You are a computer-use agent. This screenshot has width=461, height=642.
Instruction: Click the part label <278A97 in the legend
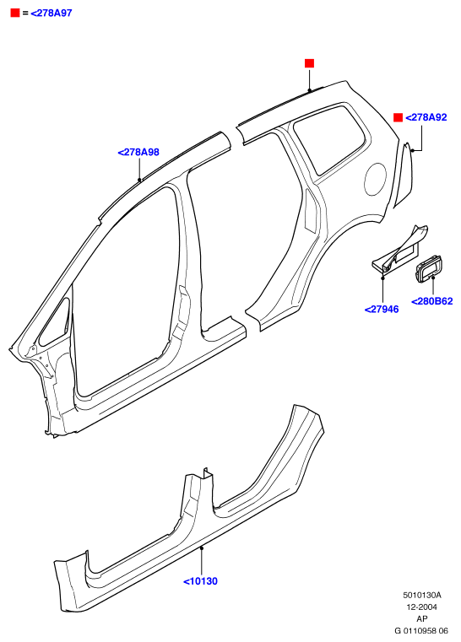point(52,13)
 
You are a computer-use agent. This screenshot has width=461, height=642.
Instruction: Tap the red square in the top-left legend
point(15,13)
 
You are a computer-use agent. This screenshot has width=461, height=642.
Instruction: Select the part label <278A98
point(138,152)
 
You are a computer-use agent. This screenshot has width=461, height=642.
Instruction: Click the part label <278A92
point(426,117)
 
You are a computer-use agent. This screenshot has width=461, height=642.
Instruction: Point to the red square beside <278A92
point(398,117)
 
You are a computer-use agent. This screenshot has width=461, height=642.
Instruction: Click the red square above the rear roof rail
point(309,63)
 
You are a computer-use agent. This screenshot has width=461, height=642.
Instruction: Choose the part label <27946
point(382,309)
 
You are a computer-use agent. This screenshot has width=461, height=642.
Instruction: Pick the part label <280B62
point(432,301)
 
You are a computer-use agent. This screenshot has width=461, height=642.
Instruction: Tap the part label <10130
point(200,581)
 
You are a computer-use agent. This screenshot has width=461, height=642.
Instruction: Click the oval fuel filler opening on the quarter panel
point(375,179)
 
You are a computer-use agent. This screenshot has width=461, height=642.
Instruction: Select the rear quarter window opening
point(329,138)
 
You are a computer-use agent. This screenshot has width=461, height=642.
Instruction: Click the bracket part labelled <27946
point(399,249)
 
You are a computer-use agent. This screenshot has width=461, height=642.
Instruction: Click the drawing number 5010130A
point(421,595)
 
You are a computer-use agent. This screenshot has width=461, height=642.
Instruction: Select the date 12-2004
point(421,607)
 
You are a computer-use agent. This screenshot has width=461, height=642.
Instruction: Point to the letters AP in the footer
point(421,618)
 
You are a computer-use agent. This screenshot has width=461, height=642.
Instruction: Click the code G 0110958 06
point(421,630)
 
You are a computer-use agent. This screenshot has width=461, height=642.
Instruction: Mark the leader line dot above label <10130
point(202,548)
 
